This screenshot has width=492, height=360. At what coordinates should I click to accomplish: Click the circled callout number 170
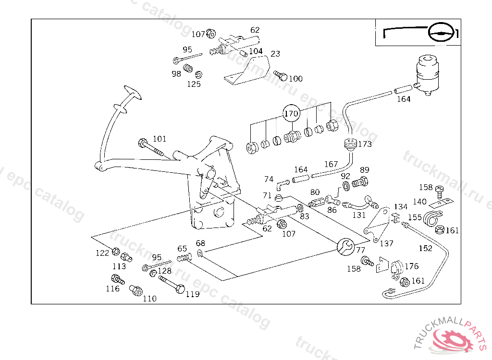(291, 114)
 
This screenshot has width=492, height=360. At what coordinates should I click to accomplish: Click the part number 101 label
(160, 139)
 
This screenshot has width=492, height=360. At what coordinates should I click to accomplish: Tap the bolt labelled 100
(281, 75)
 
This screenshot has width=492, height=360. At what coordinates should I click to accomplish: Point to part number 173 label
(365, 144)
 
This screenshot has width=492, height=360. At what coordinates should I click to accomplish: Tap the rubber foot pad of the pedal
(133, 92)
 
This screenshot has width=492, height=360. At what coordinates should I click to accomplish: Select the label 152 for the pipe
(425, 248)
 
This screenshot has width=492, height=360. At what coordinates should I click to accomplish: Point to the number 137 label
(386, 244)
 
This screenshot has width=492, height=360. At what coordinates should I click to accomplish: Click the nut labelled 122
(116, 252)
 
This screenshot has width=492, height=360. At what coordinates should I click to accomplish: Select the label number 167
(331, 164)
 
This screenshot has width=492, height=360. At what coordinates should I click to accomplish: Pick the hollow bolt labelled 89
(360, 182)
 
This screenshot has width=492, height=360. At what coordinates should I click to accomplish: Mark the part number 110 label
(149, 299)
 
